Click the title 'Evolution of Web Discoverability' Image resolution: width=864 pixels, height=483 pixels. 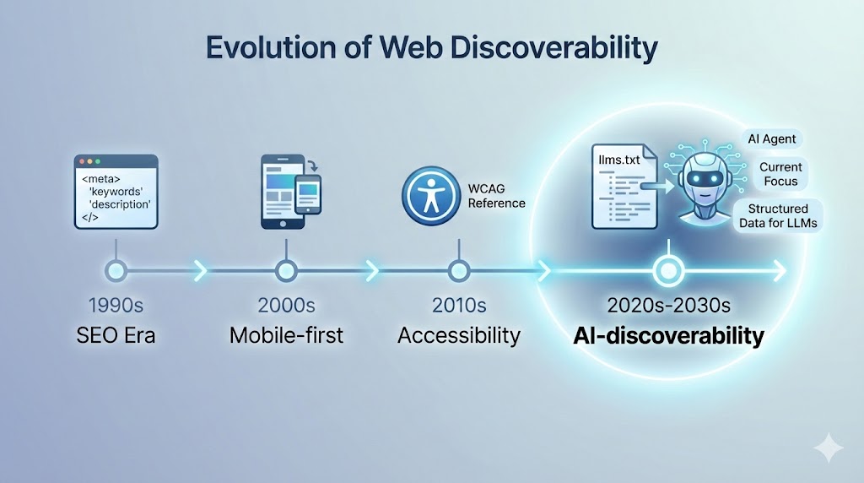click(432, 48)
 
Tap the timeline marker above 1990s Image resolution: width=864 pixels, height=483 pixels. click(116, 271)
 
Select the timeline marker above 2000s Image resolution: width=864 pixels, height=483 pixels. click(287, 271)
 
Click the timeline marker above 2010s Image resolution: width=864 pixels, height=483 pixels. click(458, 271)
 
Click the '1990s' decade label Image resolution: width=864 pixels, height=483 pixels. click(116, 306)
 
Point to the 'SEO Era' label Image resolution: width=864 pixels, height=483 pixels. click(116, 335)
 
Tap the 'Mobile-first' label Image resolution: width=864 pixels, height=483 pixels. click(287, 335)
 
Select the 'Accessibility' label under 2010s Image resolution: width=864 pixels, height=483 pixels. click(458, 335)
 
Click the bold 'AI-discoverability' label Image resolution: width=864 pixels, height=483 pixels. click(668, 336)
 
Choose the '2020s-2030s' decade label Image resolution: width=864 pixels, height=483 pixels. click(668, 306)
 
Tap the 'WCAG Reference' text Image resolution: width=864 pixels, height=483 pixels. click(496, 196)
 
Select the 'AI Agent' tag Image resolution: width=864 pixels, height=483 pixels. click(771, 138)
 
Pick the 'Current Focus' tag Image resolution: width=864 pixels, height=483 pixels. click(780, 174)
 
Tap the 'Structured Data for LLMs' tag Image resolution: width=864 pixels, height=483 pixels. click(777, 215)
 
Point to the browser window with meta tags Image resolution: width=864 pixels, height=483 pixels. click(116, 192)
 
